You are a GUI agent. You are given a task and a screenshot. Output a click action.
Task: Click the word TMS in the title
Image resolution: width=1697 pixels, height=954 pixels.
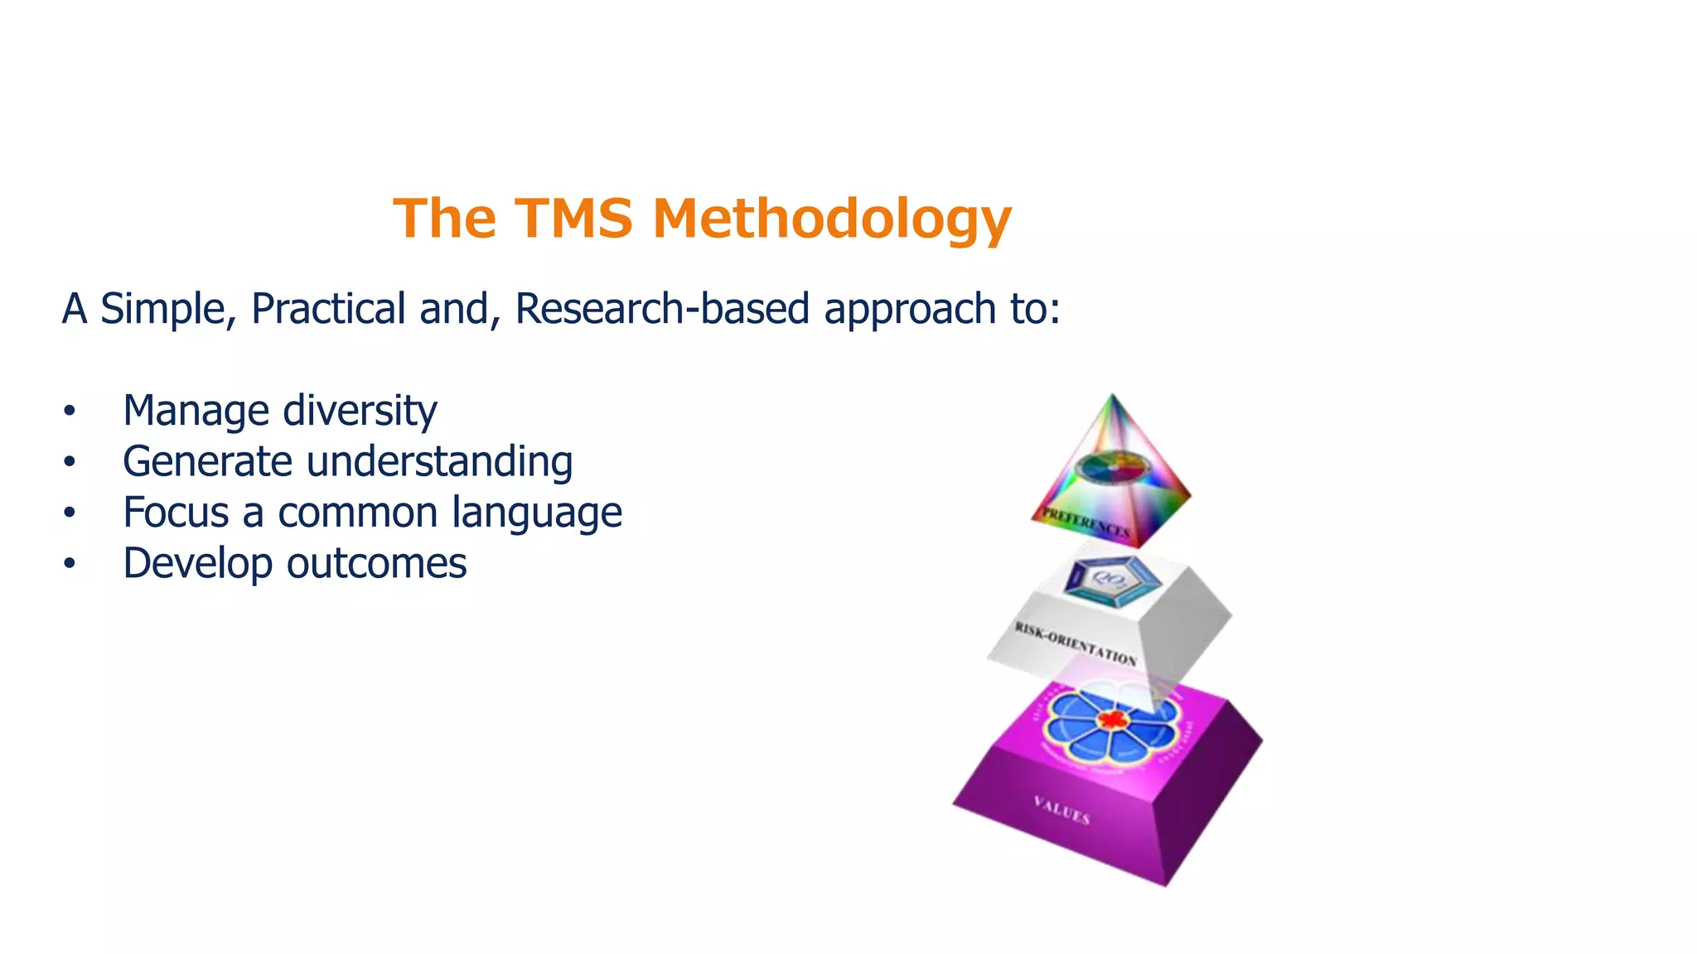click(x=574, y=219)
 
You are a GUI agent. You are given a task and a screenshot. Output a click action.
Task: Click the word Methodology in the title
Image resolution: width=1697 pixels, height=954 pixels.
click(x=832, y=220)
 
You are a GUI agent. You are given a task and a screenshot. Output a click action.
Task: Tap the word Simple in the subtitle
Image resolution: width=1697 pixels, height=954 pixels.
click(x=167, y=309)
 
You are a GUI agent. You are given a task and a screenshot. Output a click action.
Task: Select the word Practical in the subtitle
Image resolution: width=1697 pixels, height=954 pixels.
click(x=328, y=309)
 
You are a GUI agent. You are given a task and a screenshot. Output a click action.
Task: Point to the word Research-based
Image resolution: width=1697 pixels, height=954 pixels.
click(x=662, y=309)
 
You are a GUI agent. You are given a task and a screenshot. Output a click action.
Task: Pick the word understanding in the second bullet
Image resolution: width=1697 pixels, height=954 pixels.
click(x=439, y=462)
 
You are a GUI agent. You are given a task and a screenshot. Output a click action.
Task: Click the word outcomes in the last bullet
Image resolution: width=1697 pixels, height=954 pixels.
click(x=376, y=564)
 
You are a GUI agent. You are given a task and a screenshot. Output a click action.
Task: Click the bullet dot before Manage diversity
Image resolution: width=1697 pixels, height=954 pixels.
click(x=70, y=412)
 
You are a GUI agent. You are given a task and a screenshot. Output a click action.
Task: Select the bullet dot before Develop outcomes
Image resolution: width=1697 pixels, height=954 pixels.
click(x=70, y=564)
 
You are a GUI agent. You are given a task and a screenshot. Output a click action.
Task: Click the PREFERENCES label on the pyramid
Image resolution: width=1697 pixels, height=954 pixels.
click(x=1085, y=523)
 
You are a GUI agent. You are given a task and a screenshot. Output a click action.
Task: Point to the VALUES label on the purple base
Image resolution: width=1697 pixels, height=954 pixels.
click(x=1061, y=810)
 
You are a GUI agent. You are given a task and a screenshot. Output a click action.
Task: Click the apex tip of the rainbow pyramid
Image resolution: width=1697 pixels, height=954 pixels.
click(x=1112, y=397)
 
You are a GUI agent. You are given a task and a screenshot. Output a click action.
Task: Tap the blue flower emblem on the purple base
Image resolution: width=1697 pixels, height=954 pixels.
click(x=1110, y=724)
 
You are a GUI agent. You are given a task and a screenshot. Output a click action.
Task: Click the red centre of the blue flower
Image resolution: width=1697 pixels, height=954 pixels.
click(x=1111, y=719)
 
